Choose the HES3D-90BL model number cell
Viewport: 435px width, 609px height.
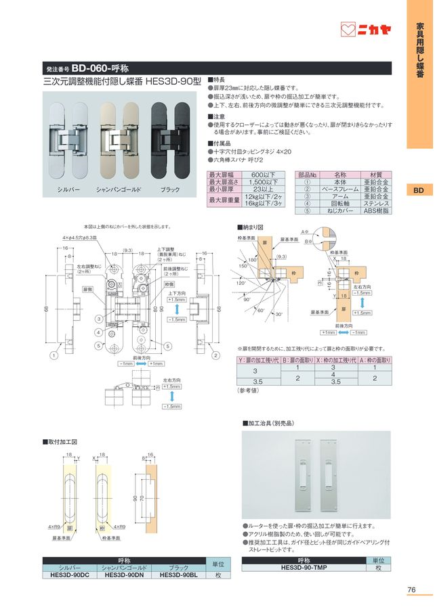click(178, 574)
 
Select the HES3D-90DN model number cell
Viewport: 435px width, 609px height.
click(124, 574)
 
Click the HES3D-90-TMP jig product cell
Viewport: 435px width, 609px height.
click(303, 567)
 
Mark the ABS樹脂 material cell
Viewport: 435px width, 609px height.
click(376, 211)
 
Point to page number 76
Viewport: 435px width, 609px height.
click(411, 589)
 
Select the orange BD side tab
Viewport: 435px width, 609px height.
click(419, 191)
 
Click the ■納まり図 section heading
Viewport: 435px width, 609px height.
click(251, 228)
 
